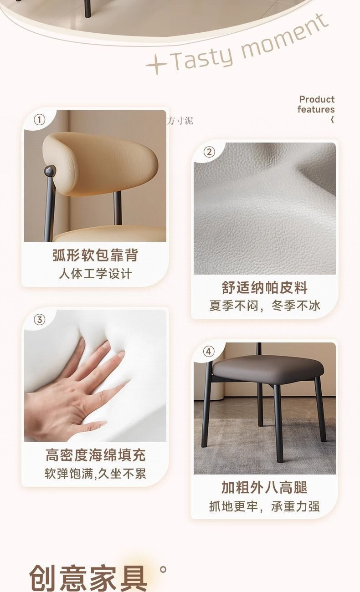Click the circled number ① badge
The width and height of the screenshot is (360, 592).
(40, 120)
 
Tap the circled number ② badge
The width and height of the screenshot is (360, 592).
(209, 152)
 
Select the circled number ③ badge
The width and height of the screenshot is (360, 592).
(40, 320)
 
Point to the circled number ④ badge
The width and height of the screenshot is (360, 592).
(209, 351)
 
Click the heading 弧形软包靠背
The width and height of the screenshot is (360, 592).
(95, 255)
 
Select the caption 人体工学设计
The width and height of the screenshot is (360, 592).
(95, 274)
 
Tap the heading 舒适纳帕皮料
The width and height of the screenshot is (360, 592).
(264, 287)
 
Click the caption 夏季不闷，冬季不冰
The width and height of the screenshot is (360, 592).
(265, 306)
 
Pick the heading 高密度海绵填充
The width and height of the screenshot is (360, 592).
(95, 455)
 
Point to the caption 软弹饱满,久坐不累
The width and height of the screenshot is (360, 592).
(95, 474)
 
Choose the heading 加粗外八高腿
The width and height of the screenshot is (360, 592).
(264, 487)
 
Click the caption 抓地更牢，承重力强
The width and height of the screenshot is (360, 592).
(264, 506)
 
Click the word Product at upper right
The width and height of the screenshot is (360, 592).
(317, 99)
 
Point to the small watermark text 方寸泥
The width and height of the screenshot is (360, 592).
(180, 121)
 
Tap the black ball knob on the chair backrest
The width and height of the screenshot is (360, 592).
(50, 171)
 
